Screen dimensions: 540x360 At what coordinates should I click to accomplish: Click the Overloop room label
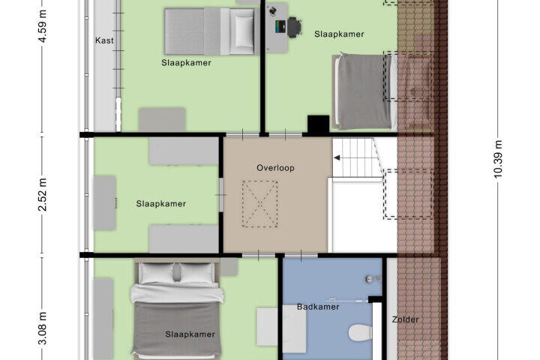[x=275, y=168]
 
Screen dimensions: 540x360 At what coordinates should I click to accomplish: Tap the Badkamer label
[x=318, y=307]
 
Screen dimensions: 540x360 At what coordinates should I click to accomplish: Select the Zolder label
[x=405, y=319]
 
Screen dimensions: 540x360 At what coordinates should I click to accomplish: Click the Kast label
[x=104, y=40]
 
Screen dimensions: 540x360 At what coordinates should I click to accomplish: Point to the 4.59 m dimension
[x=42, y=26]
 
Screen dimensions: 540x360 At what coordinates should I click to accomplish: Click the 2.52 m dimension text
[x=42, y=194]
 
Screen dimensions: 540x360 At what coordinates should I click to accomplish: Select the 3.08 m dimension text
[x=42, y=328]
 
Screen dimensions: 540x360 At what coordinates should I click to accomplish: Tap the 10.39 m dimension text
[x=498, y=159]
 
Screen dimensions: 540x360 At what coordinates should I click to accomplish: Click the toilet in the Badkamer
[x=360, y=333]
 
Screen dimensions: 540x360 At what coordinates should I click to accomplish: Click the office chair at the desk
[x=294, y=27]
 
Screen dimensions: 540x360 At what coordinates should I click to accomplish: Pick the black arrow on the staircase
[x=337, y=157]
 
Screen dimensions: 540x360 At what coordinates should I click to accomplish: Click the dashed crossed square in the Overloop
[x=259, y=203]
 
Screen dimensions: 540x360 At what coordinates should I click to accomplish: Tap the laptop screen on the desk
[x=280, y=27]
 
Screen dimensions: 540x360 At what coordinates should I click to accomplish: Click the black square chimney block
[x=318, y=124]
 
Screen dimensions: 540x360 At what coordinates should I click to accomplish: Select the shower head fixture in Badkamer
[x=373, y=278]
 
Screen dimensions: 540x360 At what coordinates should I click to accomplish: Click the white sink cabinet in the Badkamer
[x=282, y=331]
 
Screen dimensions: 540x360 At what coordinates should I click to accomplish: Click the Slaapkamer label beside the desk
[x=339, y=34]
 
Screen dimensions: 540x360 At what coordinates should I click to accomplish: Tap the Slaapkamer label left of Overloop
[x=160, y=203]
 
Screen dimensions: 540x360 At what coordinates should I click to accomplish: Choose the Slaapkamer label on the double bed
[x=190, y=334]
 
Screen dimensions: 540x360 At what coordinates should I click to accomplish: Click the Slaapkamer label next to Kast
[x=186, y=63]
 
